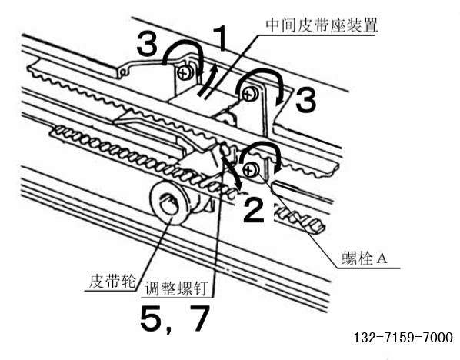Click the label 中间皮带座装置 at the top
(322, 25)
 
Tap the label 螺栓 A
(365, 258)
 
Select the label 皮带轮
(113, 281)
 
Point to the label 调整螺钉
(177, 288)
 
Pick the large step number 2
(254, 210)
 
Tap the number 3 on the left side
(147, 44)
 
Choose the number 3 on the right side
(306, 100)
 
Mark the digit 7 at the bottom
(199, 318)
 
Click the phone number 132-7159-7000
(403, 338)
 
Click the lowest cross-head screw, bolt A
(250, 169)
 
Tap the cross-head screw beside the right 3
(250, 95)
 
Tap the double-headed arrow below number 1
(208, 81)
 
